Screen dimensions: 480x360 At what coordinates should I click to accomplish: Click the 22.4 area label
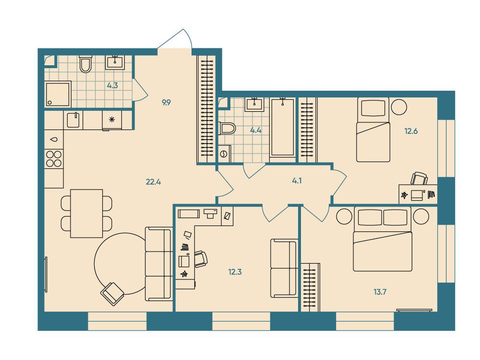point(154,182)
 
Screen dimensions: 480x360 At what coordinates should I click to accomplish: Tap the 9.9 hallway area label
point(166,103)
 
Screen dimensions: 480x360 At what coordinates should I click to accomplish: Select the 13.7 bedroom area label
point(380,292)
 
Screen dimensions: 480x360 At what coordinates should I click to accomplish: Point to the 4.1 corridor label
point(297,181)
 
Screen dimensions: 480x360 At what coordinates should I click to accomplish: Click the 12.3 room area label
point(235,272)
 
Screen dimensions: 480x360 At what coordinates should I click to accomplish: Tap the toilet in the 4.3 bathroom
point(85,64)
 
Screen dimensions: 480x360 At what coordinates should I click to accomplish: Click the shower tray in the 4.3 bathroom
point(58,94)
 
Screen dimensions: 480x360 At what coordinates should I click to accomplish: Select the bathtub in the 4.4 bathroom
point(283,128)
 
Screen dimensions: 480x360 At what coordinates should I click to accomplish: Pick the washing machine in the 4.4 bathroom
point(225,154)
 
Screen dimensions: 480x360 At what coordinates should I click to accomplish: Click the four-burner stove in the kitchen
point(54,159)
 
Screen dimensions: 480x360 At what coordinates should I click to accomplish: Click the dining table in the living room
point(86,214)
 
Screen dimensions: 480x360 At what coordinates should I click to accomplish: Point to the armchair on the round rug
point(112,294)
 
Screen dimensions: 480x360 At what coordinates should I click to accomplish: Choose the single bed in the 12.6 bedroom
point(373,130)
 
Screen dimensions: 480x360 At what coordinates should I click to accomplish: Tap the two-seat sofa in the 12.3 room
point(284,268)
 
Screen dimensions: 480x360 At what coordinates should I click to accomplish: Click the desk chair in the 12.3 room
point(201,259)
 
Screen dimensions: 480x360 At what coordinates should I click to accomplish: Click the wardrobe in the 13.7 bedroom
point(311,288)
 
